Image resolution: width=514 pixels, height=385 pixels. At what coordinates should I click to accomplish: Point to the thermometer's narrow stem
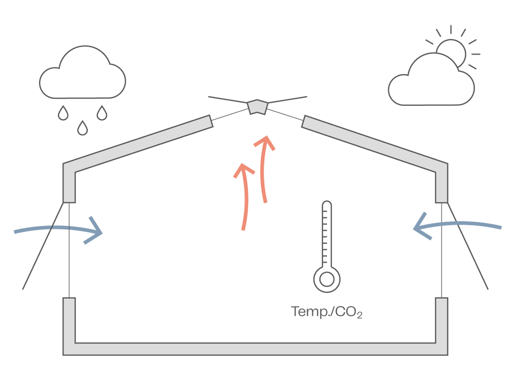click(x=327, y=235)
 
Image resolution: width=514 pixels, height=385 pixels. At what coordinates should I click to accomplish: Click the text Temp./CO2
click(x=327, y=312)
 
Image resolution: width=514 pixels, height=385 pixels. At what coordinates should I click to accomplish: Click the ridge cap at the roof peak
click(x=257, y=107)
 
